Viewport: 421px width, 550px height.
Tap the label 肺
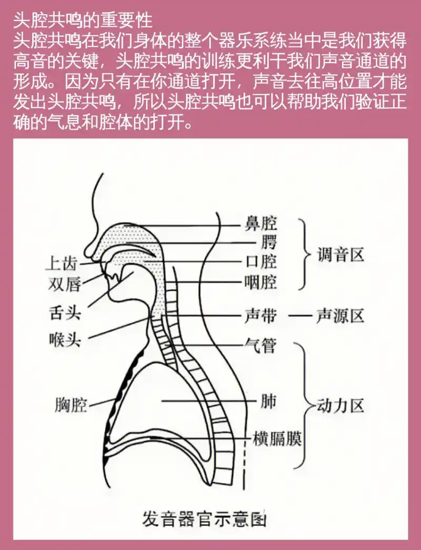pyautogui.click(x=267, y=402)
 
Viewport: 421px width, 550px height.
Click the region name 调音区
pyautogui.click(x=341, y=256)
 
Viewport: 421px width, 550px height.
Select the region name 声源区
pyautogui.click(x=341, y=316)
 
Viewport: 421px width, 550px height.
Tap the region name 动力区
pyautogui.click(x=341, y=406)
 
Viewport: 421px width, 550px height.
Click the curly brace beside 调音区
pyautogui.click(x=304, y=256)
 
